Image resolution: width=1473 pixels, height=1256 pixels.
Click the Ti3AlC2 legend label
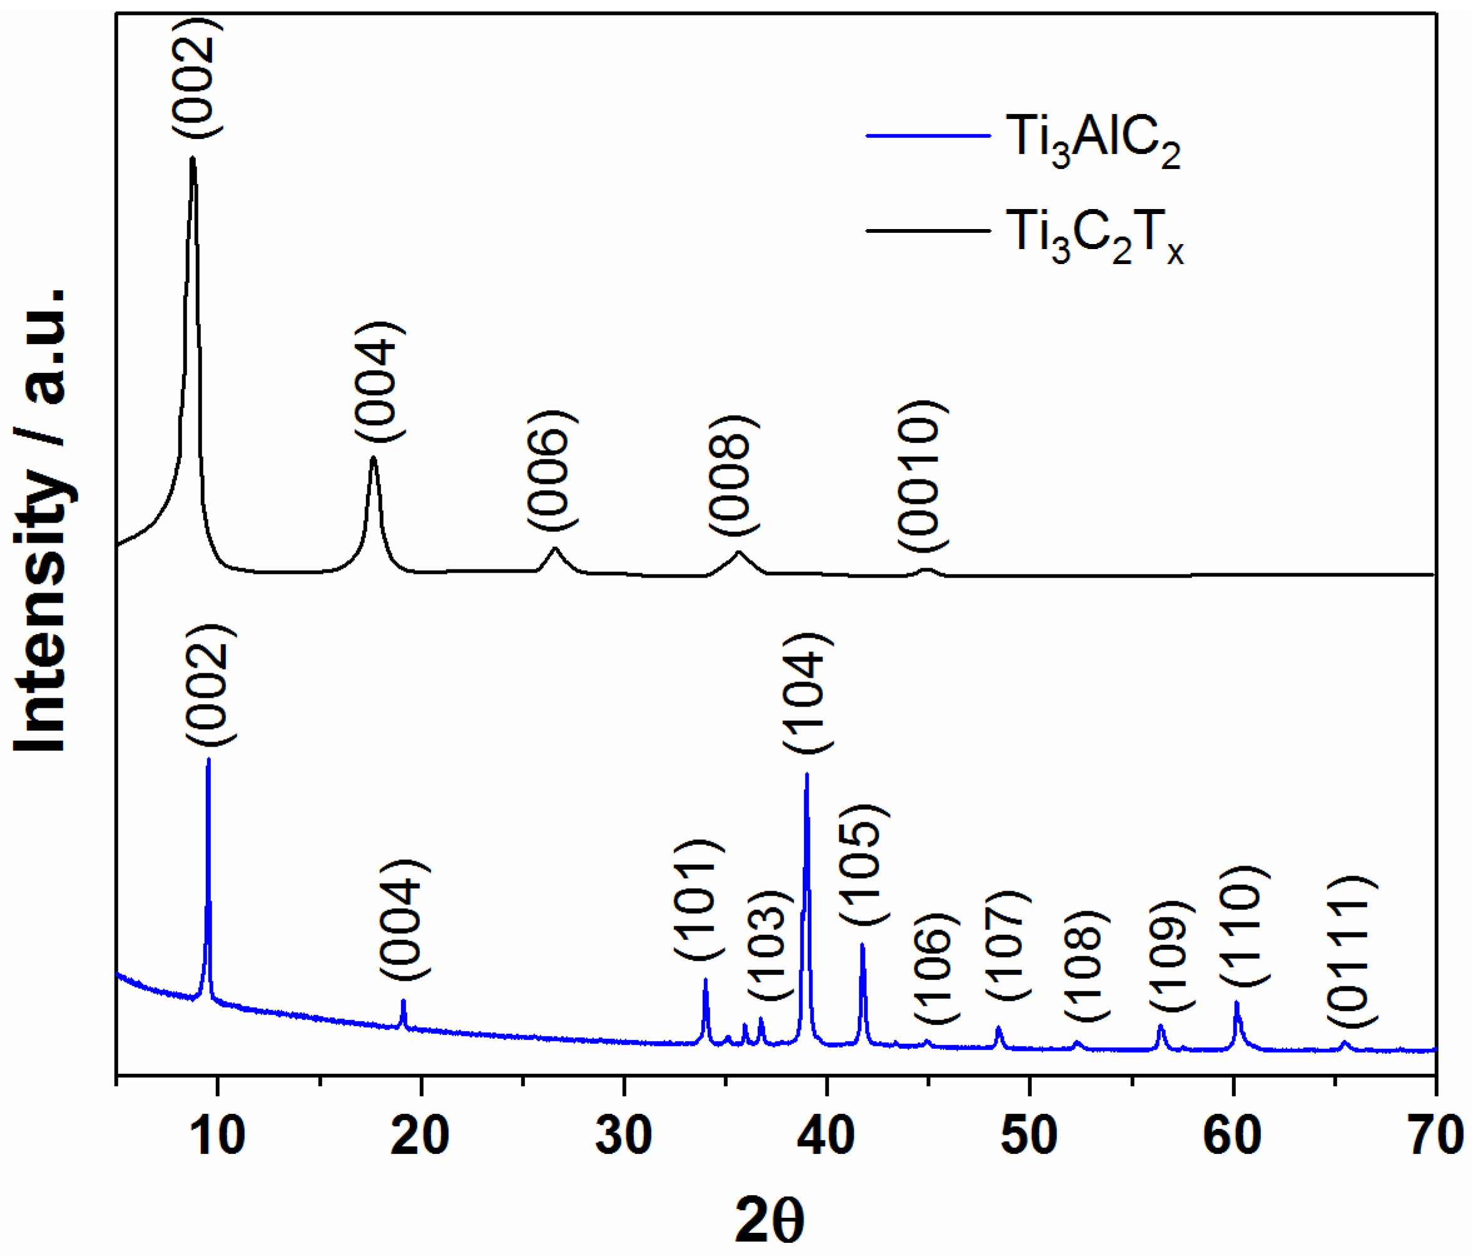[1093, 141]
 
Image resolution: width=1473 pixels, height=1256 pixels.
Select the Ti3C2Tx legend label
[1095, 237]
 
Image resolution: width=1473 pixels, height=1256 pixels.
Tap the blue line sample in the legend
[928, 135]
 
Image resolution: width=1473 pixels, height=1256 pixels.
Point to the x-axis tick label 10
[218, 1135]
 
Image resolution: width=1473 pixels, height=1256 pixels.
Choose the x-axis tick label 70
[1435, 1135]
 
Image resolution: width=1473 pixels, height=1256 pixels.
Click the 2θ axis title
[769, 1218]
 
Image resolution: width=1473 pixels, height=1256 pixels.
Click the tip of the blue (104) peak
[807, 774]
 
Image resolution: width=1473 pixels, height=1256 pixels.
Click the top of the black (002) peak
[193, 158]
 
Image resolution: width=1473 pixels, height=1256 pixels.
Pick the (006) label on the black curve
[553, 469]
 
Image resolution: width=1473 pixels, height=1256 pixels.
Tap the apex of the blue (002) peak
[208, 759]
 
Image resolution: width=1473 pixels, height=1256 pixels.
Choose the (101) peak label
[699, 901]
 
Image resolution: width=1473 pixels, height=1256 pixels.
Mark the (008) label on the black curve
[733, 476]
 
